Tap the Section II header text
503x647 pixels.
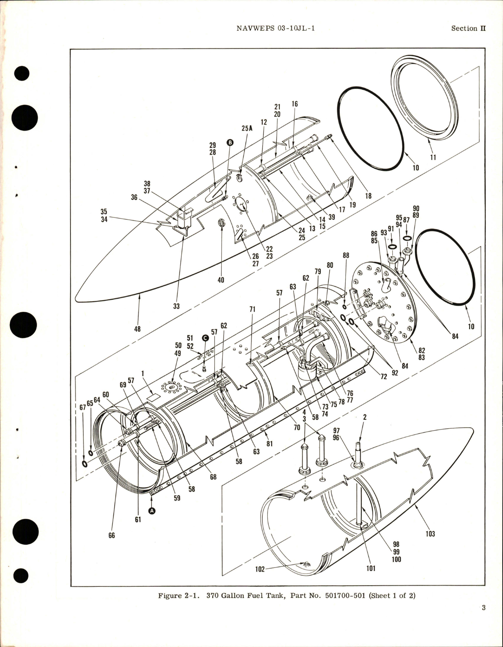click(468, 28)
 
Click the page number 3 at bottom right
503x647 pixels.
click(483, 619)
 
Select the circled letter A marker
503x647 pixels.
click(152, 511)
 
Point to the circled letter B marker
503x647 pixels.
click(230, 143)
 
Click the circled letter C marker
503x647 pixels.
click(205, 337)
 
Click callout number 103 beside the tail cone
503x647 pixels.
click(430, 534)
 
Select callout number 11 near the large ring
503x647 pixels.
click(433, 158)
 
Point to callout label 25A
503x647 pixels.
click(247, 128)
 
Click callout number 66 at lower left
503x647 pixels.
click(112, 535)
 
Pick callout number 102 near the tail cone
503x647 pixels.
click(260, 569)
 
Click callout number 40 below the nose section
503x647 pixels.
click(221, 280)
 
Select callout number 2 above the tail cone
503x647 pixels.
click(365, 417)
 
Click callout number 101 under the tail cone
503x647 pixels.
click(371, 568)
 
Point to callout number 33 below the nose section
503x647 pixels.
click(176, 306)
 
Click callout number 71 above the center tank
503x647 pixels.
click(252, 310)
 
